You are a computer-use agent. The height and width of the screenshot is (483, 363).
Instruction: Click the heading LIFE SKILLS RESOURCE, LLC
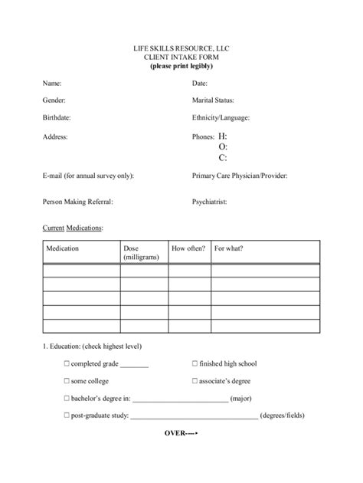(181, 48)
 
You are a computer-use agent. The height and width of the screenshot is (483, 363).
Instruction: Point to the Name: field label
(52, 83)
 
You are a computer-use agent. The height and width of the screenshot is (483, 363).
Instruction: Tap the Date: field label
(200, 83)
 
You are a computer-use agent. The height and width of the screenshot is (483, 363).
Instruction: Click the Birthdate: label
(57, 118)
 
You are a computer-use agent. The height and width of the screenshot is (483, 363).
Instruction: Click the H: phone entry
(223, 136)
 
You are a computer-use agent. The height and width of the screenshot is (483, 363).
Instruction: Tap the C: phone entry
(223, 158)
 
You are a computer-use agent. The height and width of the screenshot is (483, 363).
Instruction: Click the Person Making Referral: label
(77, 202)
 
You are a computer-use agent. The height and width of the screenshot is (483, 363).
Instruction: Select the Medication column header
(63, 248)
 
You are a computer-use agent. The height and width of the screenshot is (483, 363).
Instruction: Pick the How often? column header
(188, 248)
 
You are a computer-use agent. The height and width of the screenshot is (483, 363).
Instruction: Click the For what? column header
(229, 248)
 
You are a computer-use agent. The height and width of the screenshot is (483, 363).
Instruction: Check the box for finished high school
(195, 363)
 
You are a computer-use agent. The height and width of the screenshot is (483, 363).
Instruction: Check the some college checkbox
(67, 381)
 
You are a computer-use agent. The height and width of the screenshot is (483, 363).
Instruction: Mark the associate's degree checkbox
(195, 381)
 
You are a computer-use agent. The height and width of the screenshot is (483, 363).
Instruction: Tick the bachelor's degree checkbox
(67, 399)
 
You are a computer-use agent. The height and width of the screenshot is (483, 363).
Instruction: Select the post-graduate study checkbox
(67, 416)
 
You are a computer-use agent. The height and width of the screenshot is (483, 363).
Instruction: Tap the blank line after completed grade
(134, 365)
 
